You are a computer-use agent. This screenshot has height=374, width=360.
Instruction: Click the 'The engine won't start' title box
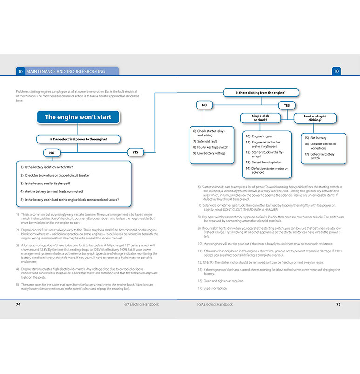click(78, 117)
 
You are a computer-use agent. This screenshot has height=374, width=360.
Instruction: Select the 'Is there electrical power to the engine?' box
click(78, 139)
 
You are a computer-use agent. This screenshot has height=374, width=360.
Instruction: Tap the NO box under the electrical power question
click(51, 152)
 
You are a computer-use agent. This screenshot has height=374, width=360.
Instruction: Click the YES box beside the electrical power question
click(136, 152)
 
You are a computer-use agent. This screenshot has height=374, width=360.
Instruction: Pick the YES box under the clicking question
click(287, 105)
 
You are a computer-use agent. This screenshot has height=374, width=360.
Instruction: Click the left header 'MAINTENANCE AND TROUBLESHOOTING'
click(66, 72)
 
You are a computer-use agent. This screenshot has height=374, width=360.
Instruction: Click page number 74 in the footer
click(19, 304)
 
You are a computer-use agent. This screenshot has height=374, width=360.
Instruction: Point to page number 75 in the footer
click(339, 304)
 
